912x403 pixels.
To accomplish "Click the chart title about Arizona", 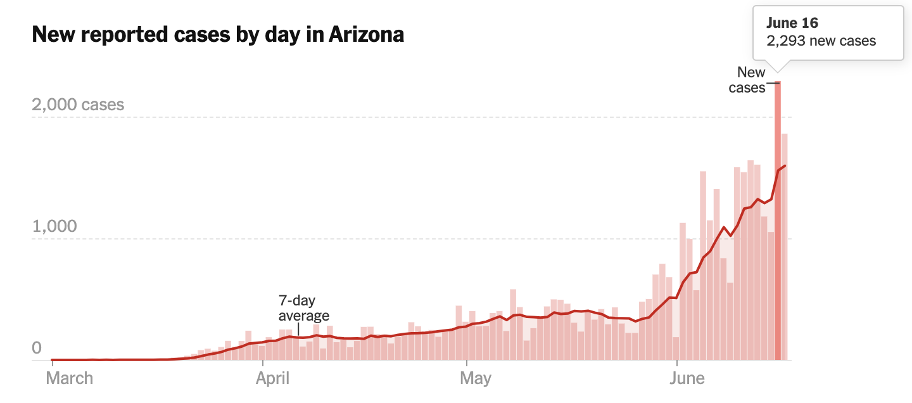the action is (218, 34).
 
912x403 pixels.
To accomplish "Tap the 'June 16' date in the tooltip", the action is (792, 23).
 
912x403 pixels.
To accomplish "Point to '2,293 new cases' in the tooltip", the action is (821, 41).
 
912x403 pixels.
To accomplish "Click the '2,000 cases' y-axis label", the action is (78, 105).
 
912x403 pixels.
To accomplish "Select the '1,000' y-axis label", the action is (54, 226).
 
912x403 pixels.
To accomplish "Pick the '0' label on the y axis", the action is (37, 348).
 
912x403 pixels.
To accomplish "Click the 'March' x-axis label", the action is (70, 378).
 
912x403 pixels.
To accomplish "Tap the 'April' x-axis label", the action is (272, 378).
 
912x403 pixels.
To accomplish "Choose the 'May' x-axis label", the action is (476, 378).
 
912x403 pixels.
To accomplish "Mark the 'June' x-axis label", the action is (687, 378).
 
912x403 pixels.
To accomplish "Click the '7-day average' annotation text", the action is (304, 308).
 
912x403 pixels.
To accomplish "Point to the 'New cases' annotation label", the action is (747, 80).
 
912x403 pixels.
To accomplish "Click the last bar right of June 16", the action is (784, 247).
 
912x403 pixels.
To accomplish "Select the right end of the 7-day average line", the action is (785, 165).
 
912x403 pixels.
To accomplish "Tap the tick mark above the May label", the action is (467, 363).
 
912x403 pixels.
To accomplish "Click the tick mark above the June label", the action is (676, 363).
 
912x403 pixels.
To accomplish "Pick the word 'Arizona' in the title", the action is (366, 34).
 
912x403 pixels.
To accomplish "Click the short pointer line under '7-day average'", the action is (298, 329).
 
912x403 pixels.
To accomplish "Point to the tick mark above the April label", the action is (263, 363).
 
